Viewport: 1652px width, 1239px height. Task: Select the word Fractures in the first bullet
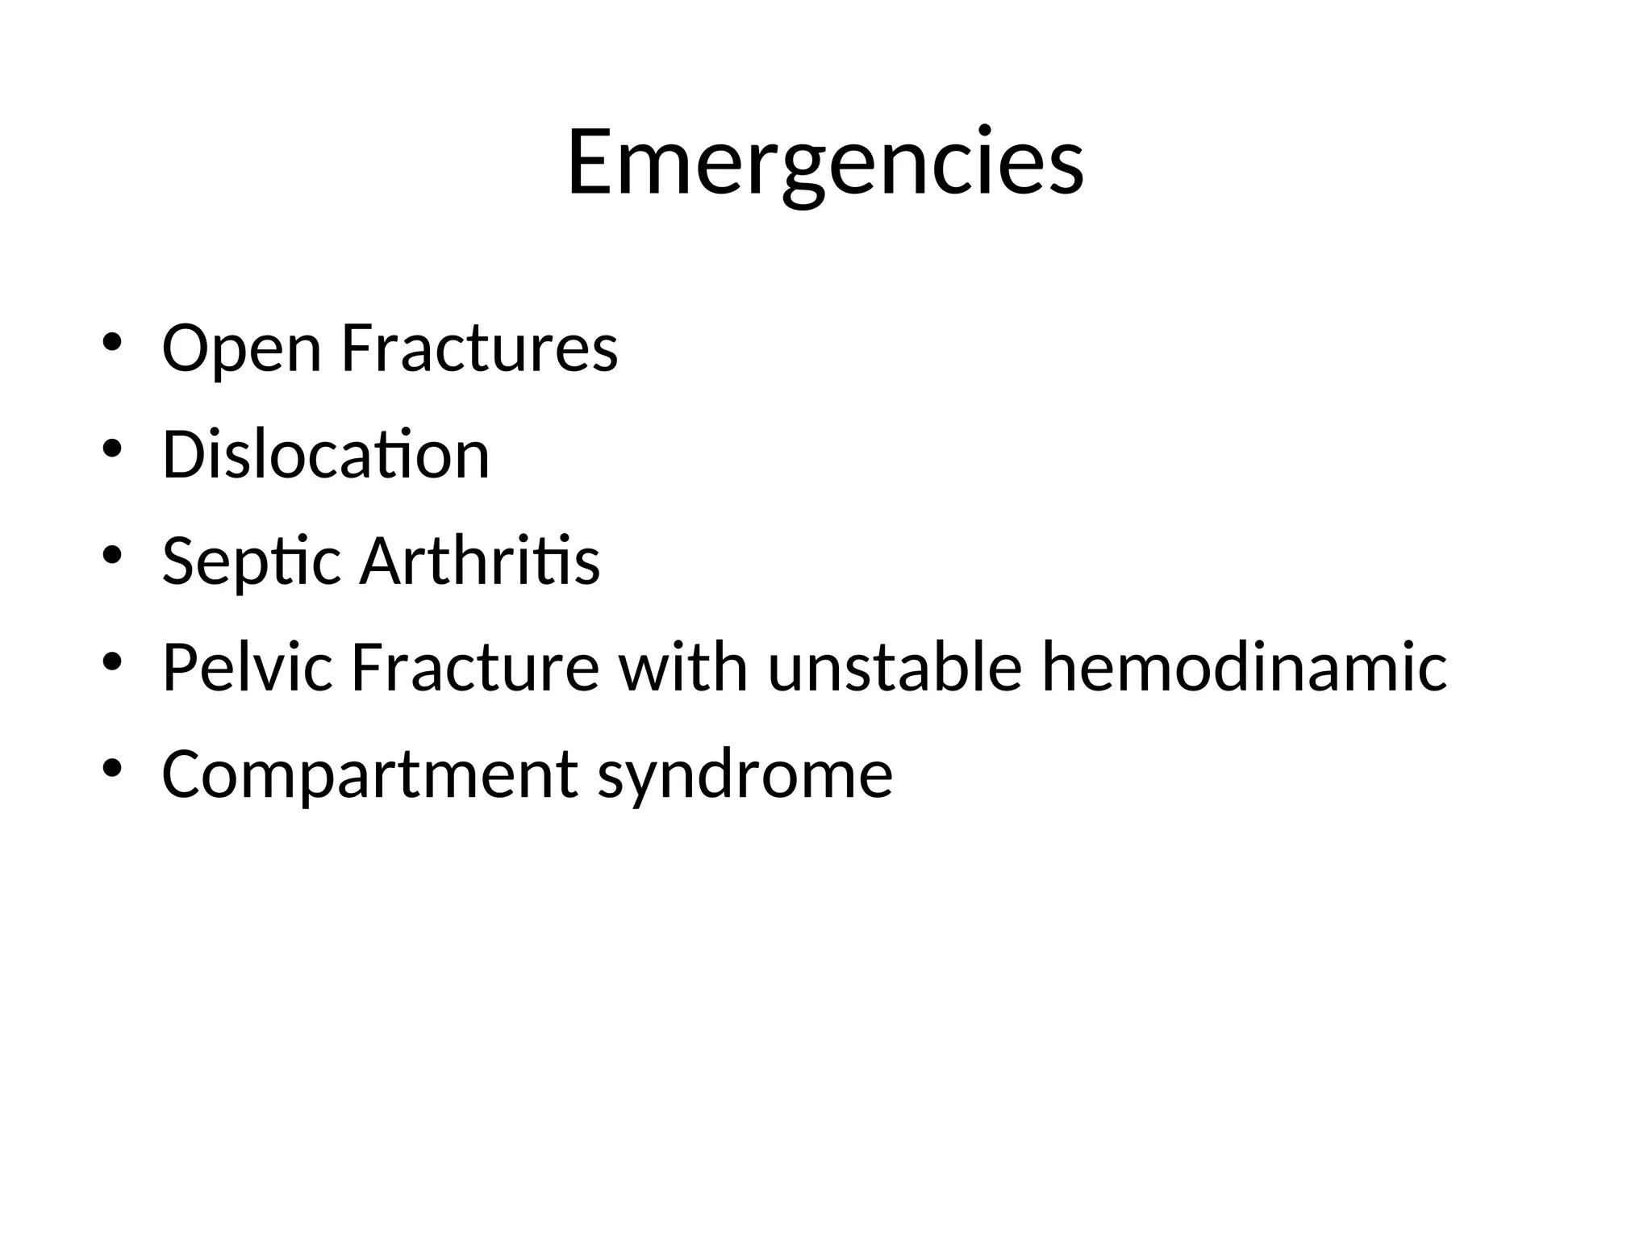[x=479, y=348]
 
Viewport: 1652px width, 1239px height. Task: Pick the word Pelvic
[x=247, y=667]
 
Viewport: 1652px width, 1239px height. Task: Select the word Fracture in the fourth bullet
[x=475, y=667]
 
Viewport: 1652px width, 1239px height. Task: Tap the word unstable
[x=895, y=667]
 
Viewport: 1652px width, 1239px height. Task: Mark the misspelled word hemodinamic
[x=1244, y=667]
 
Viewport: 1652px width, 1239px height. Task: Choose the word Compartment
[x=369, y=774]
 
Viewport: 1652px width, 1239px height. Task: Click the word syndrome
[x=745, y=774]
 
